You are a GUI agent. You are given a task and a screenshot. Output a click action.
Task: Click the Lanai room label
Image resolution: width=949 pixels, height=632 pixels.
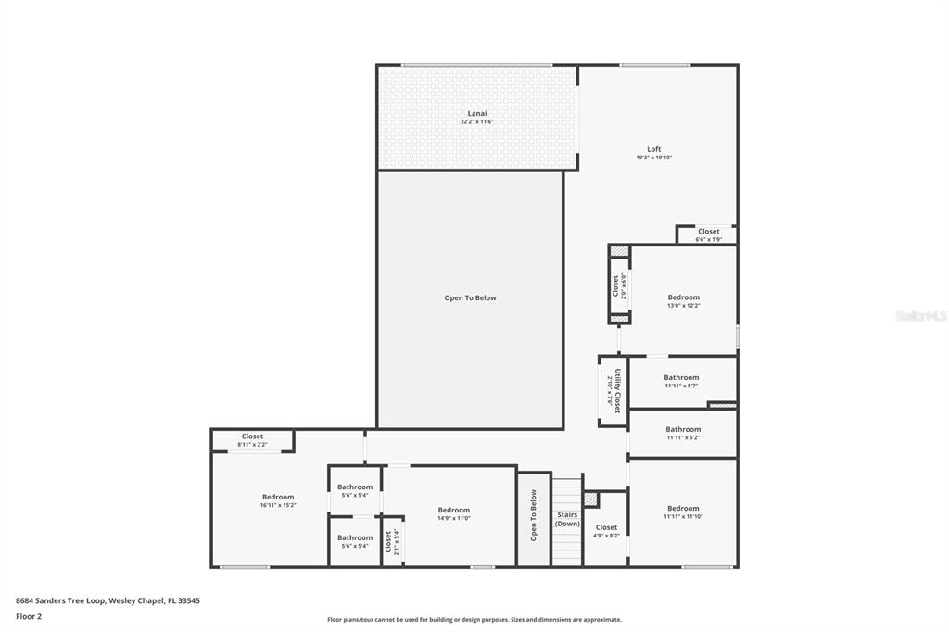click(476, 114)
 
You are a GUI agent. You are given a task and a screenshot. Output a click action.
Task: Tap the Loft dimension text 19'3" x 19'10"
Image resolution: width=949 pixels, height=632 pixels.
click(653, 158)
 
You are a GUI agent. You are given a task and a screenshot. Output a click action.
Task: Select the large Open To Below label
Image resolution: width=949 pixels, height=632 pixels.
click(470, 298)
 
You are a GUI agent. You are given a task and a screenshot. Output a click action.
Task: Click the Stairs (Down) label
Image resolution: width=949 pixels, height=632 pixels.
click(567, 519)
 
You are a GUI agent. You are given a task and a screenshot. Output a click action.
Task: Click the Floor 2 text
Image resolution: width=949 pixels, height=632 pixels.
click(29, 615)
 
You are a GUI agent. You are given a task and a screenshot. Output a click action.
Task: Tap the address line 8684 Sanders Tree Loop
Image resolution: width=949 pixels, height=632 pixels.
click(108, 600)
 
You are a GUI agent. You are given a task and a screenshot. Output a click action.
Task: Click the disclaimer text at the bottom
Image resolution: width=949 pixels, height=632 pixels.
click(474, 620)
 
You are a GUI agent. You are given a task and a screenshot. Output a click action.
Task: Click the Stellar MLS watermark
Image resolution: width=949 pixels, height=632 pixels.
click(920, 316)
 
